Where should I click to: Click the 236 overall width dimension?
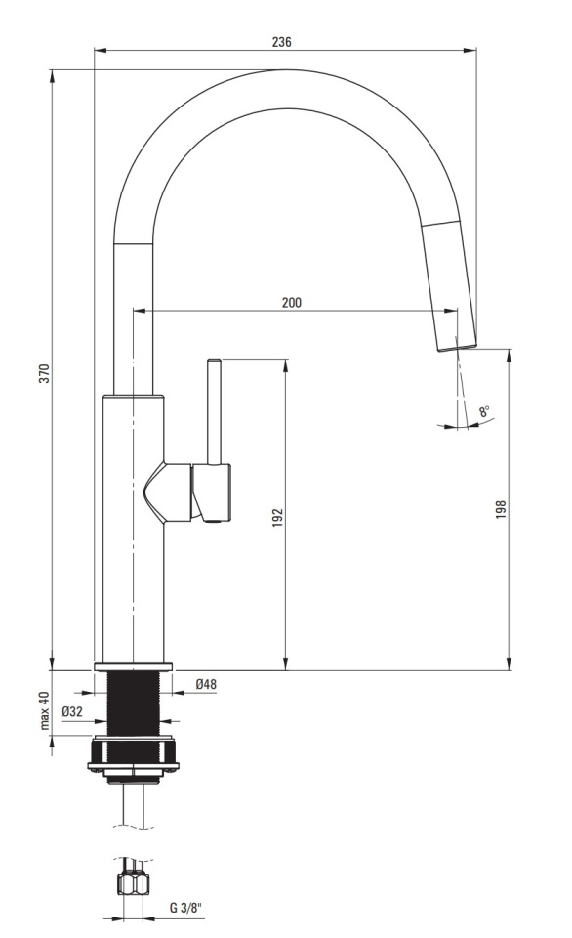tap(281, 42)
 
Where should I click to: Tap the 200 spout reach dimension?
tap(292, 302)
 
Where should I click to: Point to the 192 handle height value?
tap(277, 518)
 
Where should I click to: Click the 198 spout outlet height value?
tap(501, 509)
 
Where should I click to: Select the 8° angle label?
tap(484, 411)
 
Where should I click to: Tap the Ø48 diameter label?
tap(206, 684)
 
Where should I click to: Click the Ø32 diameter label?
tap(71, 711)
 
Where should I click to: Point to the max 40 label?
tap(43, 710)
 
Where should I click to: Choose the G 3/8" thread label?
tap(185, 908)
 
